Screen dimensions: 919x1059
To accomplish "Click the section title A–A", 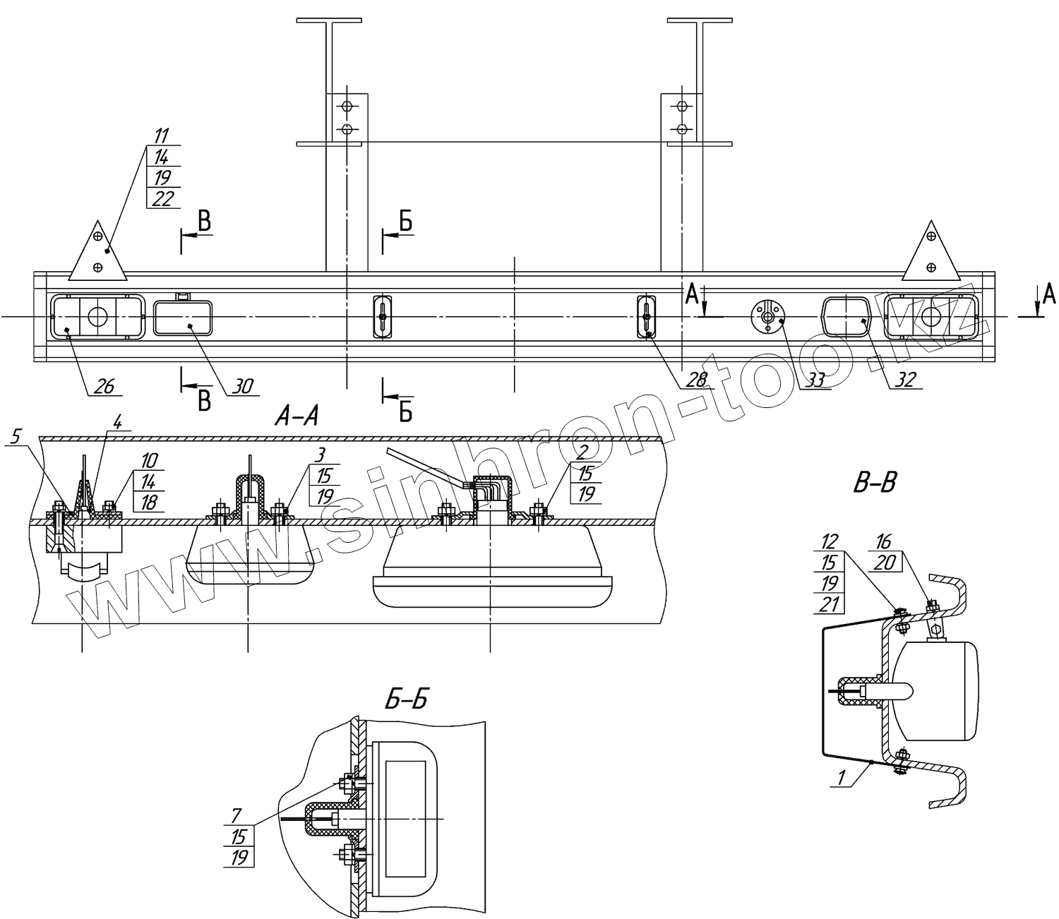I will pos(297,418).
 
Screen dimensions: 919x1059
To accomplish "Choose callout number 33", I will pos(815,380).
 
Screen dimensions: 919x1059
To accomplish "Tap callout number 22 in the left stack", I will pos(162,199).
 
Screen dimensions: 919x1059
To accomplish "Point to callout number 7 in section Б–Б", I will pos(238,817).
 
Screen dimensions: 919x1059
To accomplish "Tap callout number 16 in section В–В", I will pos(884,541).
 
